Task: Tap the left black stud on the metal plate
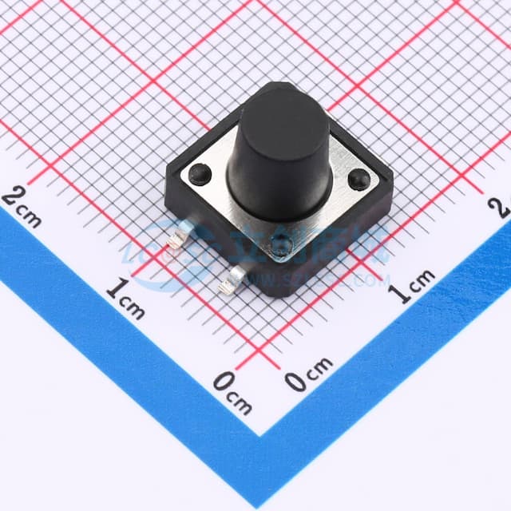[x=196, y=170]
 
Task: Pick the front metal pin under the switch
[x=232, y=279]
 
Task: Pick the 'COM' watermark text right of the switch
[x=375, y=279]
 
